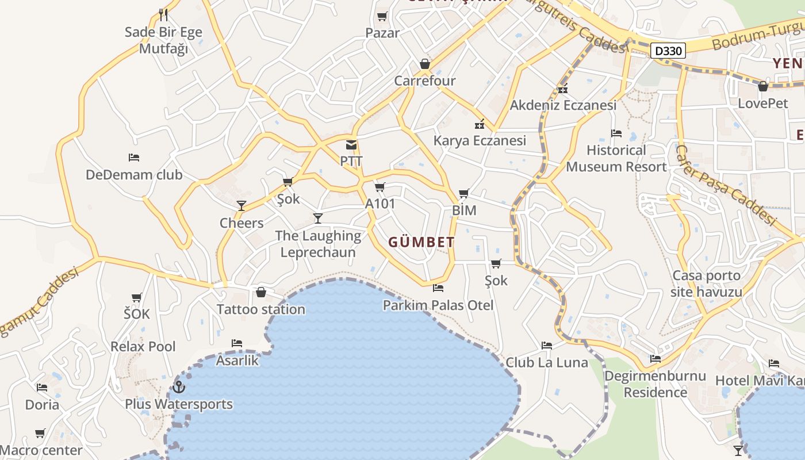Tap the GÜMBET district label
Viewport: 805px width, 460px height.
(x=421, y=242)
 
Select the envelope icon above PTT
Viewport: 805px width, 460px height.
(x=351, y=145)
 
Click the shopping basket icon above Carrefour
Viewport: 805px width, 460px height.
(x=425, y=64)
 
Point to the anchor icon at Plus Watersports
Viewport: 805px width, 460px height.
(x=178, y=386)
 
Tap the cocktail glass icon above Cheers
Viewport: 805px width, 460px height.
(x=241, y=206)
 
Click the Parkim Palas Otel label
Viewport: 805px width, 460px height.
(x=438, y=305)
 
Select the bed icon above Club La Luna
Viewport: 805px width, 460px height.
(x=547, y=346)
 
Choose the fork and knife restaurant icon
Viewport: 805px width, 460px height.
(x=163, y=14)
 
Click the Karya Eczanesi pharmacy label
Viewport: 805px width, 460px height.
(x=480, y=140)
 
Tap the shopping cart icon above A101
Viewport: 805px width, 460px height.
(x=379, y=187)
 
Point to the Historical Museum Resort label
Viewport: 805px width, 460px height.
(x=616, y=159)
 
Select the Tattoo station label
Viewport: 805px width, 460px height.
(x=260, y=309)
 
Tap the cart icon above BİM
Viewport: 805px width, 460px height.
(x=464, y=194)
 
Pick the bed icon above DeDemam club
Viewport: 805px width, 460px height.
(x=134, y=158)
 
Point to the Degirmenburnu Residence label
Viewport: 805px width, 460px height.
(x=655, y=384)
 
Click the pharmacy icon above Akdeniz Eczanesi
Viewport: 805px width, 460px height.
(x=563, y=89)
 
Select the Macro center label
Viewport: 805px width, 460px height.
(x=41, y=450)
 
